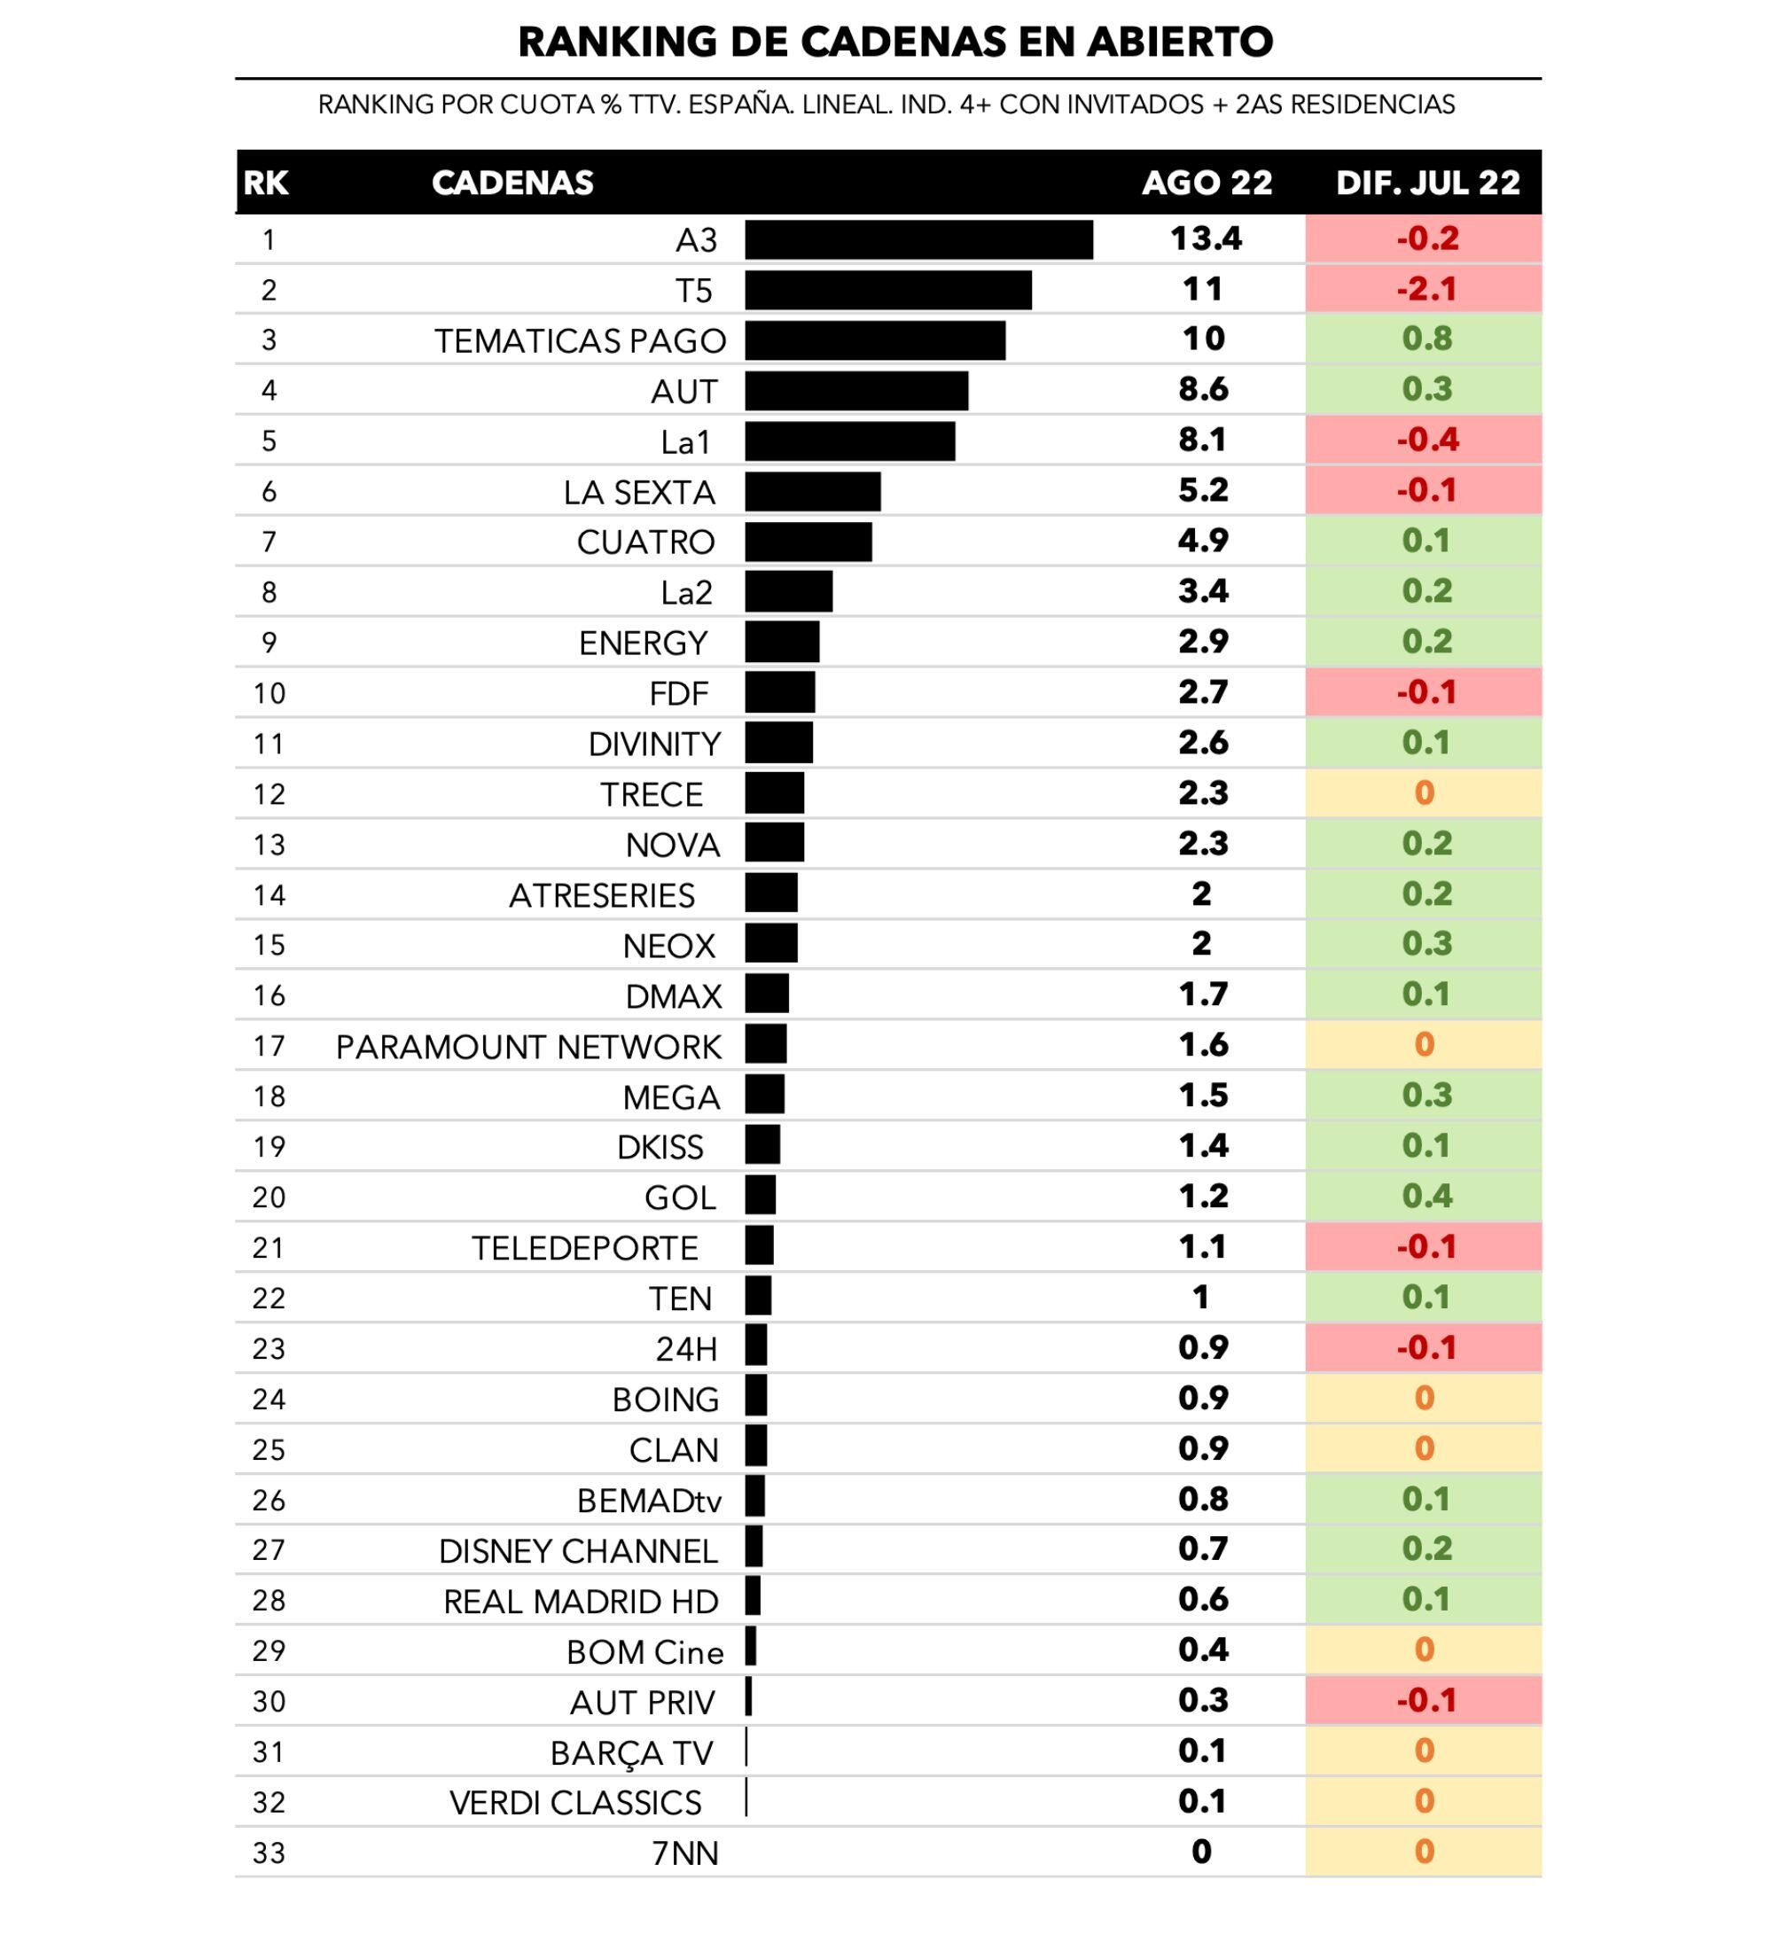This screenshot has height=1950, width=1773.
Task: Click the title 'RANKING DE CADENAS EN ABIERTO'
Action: point(894,42)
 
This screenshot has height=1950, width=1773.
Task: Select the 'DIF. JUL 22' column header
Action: point(1426,183)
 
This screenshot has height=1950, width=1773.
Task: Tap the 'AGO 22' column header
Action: point(1207,183)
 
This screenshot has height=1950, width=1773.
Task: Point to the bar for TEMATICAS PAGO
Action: point(874,340)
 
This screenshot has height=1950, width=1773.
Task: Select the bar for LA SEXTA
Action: point(813,491)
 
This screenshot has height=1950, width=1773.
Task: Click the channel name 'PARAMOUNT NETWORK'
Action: point(528,1047)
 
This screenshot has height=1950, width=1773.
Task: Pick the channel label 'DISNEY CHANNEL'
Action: point(577,1550)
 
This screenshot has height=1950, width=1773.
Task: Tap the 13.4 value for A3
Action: point(1206,239)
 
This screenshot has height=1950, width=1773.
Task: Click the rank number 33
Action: point(269,1853)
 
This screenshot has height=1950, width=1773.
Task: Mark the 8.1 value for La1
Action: point(1202,441)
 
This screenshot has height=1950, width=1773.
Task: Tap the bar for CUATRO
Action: point(808,542)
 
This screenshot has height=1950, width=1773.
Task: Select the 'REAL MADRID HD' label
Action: point(581,1602)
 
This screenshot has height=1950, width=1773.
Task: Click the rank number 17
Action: point(269,1047)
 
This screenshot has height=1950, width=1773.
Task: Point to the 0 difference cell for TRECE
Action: point(1424,793)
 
